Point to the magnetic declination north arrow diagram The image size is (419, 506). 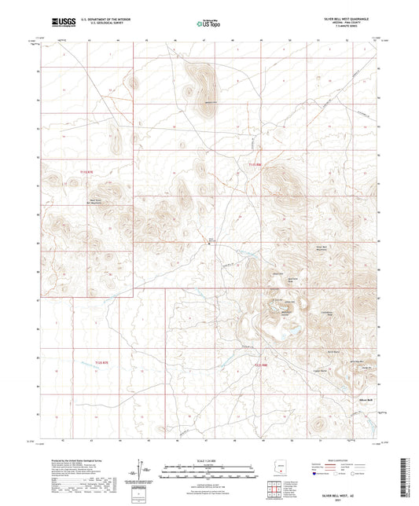[x=147, y=471]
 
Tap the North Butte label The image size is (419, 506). [x=331, y=351]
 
